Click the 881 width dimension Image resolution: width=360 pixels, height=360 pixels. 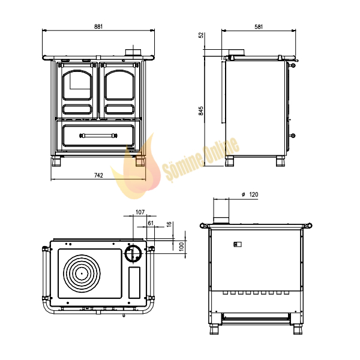click(x=98, y=26)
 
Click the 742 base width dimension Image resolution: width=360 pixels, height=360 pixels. click(x=98, y=175)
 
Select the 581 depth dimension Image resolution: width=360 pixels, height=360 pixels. click(x=259, y=26)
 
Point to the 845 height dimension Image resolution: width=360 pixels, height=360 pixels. click(x=201, y=110)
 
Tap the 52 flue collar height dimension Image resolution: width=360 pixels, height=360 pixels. click(x=201, y=35)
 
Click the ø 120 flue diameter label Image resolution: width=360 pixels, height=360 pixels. click(x=250, y=194)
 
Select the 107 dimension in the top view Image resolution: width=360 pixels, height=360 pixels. click(x=140, y=212)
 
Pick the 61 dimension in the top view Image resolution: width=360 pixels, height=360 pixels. click(x=151, y=223)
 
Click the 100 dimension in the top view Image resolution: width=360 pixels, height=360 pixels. click(x=181, y=247)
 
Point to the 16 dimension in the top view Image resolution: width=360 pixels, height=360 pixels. click(x=169, y=224)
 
